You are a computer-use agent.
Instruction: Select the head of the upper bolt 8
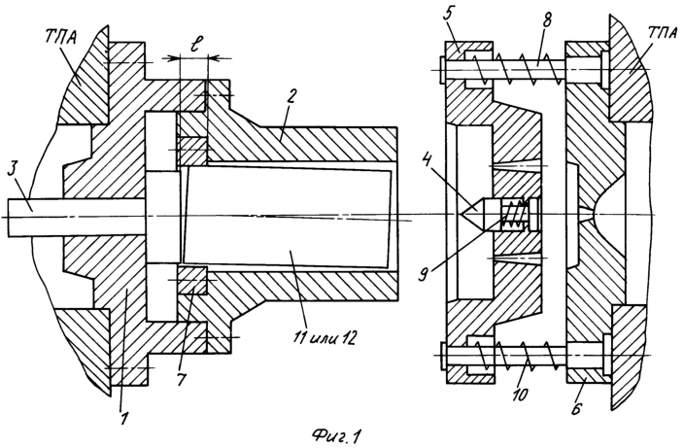coord(443,70)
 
